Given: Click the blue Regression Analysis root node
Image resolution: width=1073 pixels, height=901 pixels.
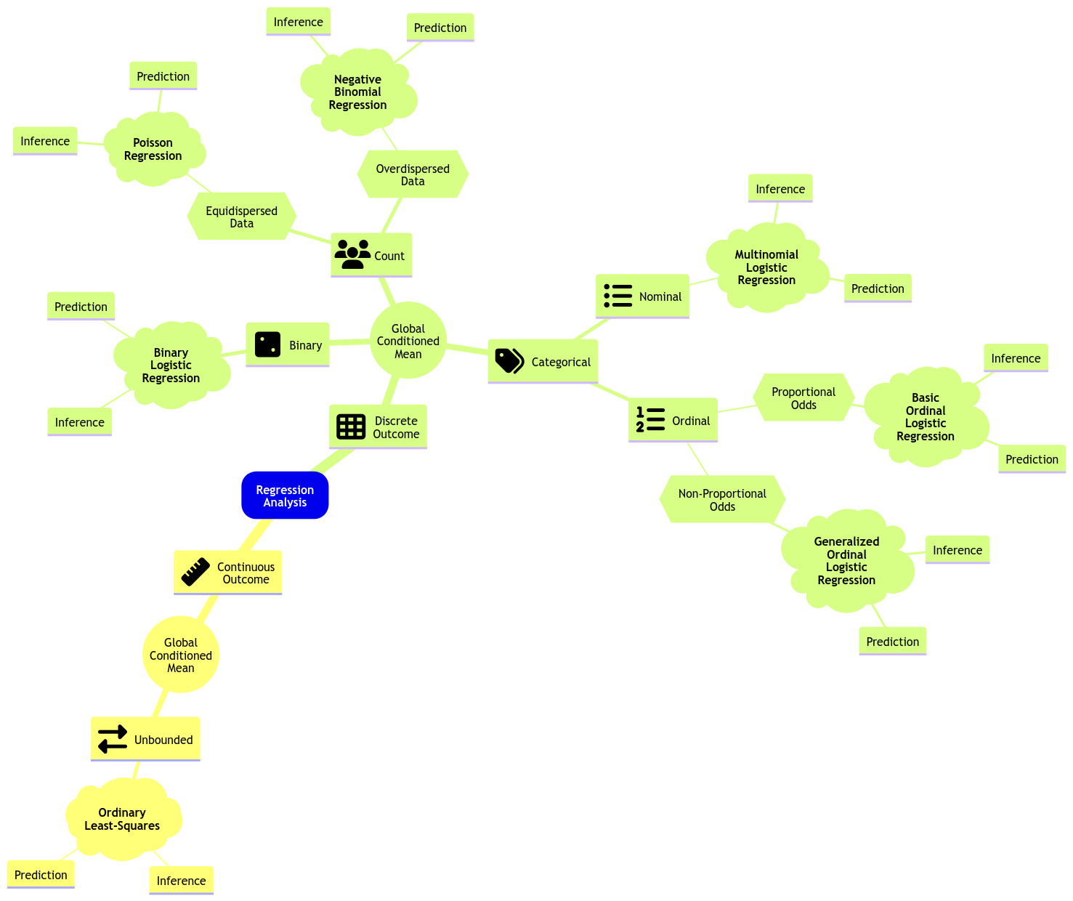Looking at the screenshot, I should (285, 496).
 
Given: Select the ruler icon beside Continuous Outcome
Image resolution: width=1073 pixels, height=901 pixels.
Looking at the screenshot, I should (195, 572).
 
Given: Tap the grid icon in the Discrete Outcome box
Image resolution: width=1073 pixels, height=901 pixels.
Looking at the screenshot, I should (351, 427).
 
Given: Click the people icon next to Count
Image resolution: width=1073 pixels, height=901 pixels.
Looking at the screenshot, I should (352, 254).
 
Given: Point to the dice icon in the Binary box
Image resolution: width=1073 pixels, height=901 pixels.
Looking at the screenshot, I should (267, 344).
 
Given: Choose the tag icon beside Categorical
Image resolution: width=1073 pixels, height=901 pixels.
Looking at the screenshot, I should (509, 360).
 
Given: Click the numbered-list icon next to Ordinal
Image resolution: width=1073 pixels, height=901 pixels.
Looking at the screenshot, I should (650, 419).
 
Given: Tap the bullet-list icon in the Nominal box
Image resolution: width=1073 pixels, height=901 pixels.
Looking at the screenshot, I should (618, 296).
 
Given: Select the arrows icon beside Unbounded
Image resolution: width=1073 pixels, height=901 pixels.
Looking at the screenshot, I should (113, 739).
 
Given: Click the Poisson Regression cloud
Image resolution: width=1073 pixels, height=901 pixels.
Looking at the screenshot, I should (153, 149).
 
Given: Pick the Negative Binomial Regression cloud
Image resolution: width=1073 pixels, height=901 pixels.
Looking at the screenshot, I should (357, 92).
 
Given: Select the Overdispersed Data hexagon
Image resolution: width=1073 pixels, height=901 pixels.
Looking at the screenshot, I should (413, 174).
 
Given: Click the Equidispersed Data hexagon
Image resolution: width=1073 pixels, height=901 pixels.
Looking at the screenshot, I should (242, 217).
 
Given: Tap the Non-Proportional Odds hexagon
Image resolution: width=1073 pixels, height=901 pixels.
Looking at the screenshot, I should (722, 499).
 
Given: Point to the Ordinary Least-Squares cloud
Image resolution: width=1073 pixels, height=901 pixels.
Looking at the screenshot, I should (122, 819).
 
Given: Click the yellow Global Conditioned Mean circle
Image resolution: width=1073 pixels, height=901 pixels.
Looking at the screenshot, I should (181, 655).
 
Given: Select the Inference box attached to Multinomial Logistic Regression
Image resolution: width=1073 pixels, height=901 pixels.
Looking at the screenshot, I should (780, 189).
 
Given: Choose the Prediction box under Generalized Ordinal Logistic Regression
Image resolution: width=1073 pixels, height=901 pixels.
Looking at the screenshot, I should (892, 642).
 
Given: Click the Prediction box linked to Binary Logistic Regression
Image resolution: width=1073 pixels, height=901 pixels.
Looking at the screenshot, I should (81, 307).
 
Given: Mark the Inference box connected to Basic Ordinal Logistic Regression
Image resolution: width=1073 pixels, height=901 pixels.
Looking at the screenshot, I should (1016, 358).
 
